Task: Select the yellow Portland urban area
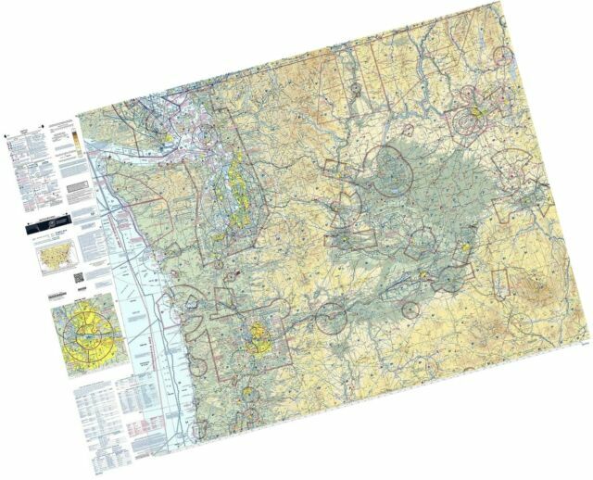(256, 334)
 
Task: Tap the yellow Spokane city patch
(474, 116)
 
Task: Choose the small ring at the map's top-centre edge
(357, 89)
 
